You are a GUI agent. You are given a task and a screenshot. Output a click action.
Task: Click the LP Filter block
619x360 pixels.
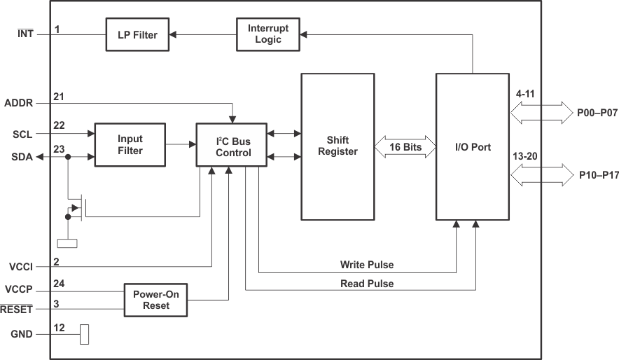click(137, 34)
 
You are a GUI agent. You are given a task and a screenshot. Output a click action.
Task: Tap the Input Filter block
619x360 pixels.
click(130, 145)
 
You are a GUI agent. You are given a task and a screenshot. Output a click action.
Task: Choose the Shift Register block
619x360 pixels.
click(338, 146)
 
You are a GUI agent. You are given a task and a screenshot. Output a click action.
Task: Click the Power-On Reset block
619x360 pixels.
click(155, 300)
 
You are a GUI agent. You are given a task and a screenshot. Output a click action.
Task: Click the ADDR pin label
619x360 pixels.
click(19, 102)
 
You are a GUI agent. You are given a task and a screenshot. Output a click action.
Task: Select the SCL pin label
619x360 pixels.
click(22, 133)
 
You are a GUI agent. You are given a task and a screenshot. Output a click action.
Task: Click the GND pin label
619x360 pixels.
click(21, 335)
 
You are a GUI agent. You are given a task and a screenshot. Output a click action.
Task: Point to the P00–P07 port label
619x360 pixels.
click(597, 112)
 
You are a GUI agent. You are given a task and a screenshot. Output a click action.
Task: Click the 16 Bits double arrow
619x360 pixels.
click(405, 147)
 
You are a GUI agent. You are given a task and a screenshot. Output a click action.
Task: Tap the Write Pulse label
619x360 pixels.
click(366, 265)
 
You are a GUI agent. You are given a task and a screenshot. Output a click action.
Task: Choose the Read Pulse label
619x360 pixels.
click(366, 284)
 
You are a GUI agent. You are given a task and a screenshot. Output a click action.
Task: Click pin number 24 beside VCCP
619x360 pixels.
click(59, 284)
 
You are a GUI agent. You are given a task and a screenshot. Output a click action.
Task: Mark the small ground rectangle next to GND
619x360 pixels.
click(85, 335)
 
